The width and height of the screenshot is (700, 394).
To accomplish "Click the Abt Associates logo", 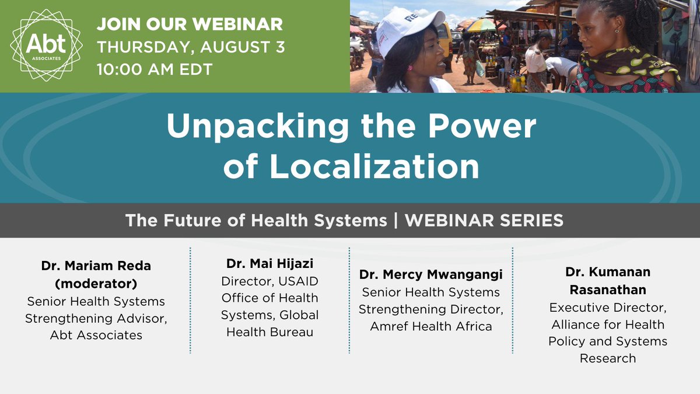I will click(45, 46).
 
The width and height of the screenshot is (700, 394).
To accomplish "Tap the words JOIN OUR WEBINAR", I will click(190, 25).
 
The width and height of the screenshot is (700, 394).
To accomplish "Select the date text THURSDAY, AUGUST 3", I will click(191, 47).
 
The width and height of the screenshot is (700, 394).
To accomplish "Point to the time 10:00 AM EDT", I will click(155, 69).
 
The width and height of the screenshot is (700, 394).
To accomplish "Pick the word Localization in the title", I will click(373, 166).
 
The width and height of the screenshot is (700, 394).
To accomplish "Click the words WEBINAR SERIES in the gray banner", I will click(484, 220).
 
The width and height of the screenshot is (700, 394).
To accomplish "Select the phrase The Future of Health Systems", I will click(256, 220).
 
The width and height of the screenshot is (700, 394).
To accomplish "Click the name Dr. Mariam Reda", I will click(96, 266).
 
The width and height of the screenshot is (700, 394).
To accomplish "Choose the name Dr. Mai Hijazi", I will click(269, 263).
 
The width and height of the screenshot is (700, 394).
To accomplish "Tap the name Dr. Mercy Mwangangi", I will click(430, 274).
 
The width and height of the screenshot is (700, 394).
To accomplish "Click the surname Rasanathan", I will click(607, 290).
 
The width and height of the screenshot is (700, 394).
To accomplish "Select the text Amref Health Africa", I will click(430, 326).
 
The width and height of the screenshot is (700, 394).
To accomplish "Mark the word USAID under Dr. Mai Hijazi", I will click(298, 281).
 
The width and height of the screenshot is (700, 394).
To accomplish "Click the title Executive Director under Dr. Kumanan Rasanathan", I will click(607, 307).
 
